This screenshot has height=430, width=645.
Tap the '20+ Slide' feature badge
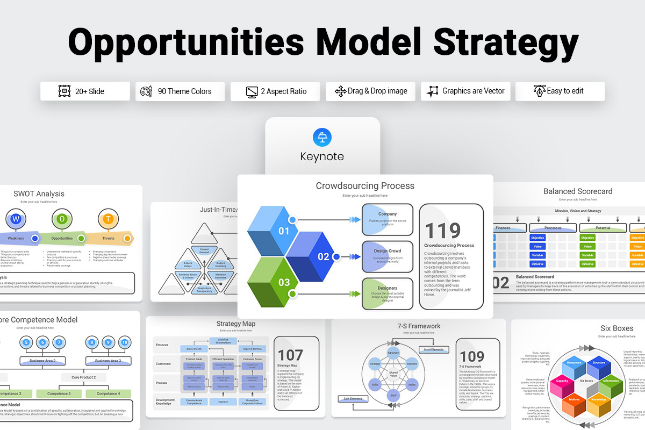click(x=85, y=91)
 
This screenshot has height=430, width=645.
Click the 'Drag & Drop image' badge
click(x=370, y=91)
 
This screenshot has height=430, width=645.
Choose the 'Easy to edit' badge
click(x=560, y=91)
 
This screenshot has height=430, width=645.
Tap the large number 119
click(x=443, y=231)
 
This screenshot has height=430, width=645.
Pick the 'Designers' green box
click(x=387, y=293)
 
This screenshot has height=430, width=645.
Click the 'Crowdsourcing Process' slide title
click(x=365, y=186)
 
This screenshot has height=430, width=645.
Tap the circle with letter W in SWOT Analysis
click(x=16, y=219)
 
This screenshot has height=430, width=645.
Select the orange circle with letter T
click(x=108, y=219)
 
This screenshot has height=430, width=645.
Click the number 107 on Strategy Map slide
click(x=290, y=355)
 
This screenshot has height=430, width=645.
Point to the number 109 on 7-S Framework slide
click(x=471, y=356)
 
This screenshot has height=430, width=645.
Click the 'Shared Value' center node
click(x=393, y=375)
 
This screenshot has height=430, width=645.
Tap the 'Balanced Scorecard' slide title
click(x=577, y=191)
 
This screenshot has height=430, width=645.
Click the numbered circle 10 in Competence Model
click(x=125, y=342)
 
